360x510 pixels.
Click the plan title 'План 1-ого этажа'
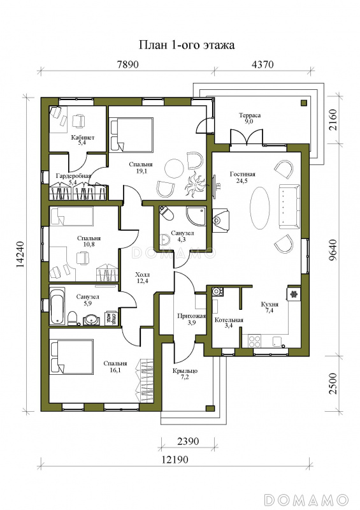(187, 45)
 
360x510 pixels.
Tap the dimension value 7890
(127, 64)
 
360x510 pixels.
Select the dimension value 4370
(263, 64)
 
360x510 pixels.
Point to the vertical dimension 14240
(20, 254)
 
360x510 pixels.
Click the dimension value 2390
(187, 441)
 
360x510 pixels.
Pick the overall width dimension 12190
(175, 460)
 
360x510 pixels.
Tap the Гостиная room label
(242, 178)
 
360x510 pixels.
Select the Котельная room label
(229, 323)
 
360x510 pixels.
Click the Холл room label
(142, 278)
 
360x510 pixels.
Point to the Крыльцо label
(185, 374)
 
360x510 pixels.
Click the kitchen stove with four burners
(254, 341)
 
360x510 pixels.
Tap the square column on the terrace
(304, 103)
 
